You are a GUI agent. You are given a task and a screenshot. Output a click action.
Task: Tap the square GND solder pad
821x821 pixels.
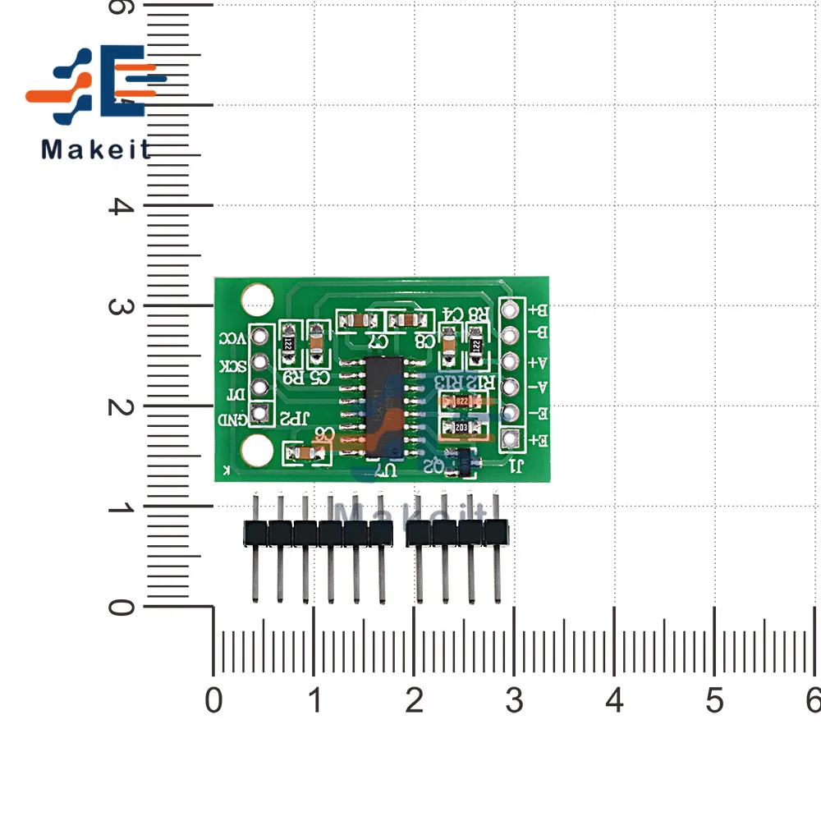pyautogui.click(x=260, y=414)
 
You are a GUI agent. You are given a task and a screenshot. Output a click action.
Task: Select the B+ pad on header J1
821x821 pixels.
pyautogui.click(x=511, y=310)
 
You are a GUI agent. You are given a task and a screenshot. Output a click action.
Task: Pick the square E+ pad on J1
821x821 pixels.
pyautogui.click(x=511, y=438)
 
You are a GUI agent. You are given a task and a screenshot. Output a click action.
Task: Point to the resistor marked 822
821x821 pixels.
pyautogui.click(x=459, y=402)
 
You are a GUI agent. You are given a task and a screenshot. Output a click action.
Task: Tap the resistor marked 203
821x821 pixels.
pyautogui.click(x=459, y=427)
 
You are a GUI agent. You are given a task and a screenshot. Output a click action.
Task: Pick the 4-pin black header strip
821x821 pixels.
pyautogui.click(x=457, y=534)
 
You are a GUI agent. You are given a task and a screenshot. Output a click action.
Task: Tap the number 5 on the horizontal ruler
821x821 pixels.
pyautogui.click(x=714, y=701)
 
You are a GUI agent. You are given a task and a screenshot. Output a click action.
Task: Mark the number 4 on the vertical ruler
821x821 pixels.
pyautogui.click(x=121, y=205)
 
